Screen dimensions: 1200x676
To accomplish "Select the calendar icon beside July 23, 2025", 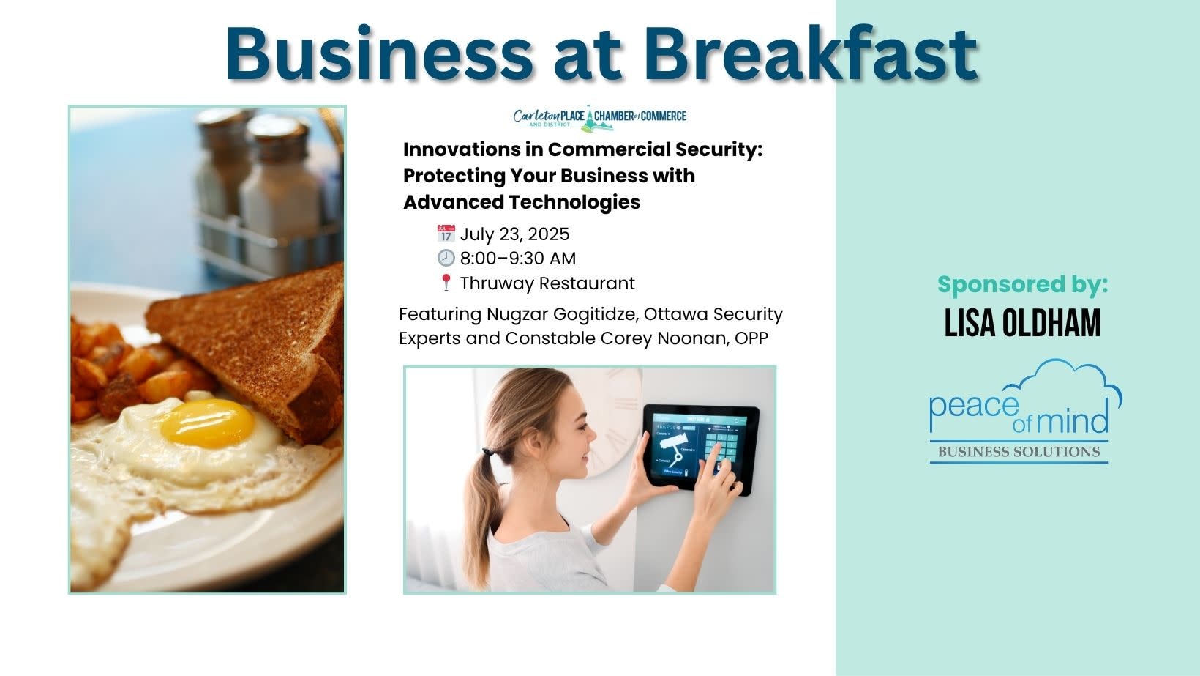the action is (x=446, y=234).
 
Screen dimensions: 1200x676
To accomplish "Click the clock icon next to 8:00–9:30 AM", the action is (x=446, y=258).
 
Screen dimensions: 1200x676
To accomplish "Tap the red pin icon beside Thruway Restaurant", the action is (x=446, y=283).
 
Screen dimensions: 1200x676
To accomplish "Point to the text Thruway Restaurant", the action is (x=547, y=283).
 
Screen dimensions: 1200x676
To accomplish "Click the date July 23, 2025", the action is (x=514, y=234).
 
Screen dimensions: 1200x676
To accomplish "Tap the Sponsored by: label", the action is (x=1022, y=284).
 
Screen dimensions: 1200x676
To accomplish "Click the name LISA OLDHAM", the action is (x=1022, y=323).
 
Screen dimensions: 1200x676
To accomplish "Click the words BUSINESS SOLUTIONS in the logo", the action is (x=1019, y=452).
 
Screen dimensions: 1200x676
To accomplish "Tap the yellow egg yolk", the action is (x=208, y=423).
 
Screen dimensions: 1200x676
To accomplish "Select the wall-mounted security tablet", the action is (x=701, y=449).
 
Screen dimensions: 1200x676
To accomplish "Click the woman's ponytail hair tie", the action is (x=487, y=453).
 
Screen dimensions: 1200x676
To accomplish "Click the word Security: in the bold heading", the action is (x=719, y=149).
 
